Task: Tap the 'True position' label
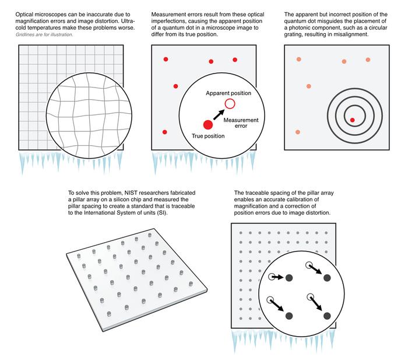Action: point(209,135)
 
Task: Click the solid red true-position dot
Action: point(207,124)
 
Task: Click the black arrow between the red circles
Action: point(218,114)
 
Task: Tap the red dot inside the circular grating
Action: point(352,120)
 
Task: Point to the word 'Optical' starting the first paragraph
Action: point(26,13)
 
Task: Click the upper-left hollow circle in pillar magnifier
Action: point(272,277)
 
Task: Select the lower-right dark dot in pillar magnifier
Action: point(327,316)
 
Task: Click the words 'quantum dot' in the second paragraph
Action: point(173,28)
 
